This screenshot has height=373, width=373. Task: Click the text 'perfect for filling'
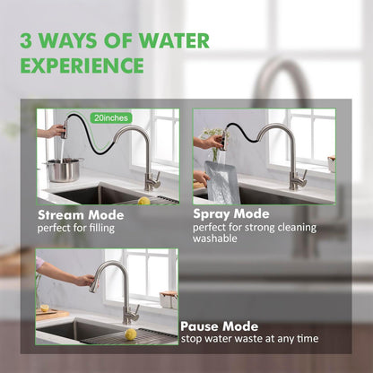click(76, 228)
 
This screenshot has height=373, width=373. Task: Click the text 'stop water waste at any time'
click(250, 339)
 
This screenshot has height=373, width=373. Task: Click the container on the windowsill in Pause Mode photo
click(167, 299)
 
